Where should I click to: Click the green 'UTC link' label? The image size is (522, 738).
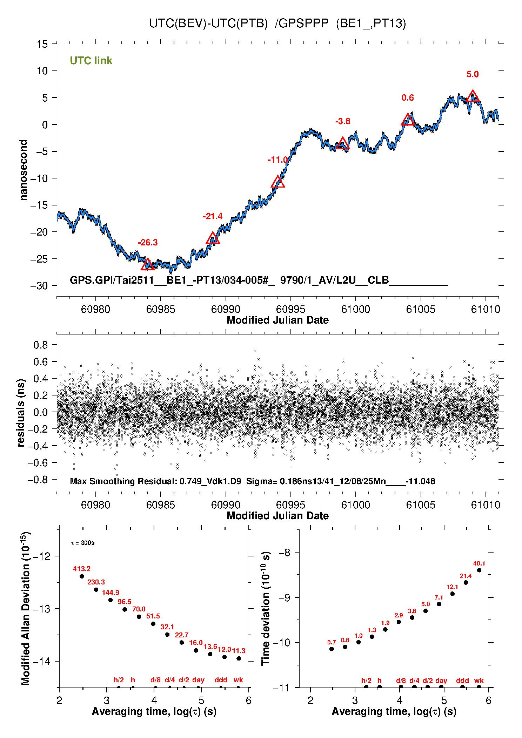coord(91,61)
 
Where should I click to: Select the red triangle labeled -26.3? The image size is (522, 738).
coord(148,265)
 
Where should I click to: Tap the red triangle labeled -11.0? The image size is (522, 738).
coord(278,182)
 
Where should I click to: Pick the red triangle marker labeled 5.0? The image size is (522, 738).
coord(473,96)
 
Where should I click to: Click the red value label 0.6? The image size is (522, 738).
coord(408,98)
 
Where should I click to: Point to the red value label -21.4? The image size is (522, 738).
coord(213,216)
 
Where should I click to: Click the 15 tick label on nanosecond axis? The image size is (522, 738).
coord(42,44)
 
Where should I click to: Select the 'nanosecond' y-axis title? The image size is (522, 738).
coord(24,170)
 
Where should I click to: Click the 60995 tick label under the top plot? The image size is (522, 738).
coord(290,309)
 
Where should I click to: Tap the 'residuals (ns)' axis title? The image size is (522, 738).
coord(21,413)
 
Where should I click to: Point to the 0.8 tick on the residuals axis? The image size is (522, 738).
coord(41,345)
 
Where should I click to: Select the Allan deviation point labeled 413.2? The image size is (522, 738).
coord(82,576)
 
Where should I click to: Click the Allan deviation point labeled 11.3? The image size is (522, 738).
coord(239,658)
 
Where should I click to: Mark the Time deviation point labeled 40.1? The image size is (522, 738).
coord(479,570)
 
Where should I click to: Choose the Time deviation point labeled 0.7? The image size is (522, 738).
coord(332,649)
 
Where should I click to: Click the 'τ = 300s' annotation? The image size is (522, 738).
coord(83,543)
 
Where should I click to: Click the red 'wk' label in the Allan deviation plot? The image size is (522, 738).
coord(238,680)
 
